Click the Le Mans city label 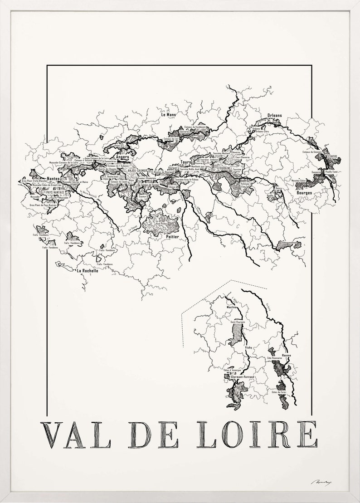pos(168,115)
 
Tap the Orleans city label pos(275,115)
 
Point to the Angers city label pos(122,157)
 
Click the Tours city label pos(185,161)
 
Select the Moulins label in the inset pos(232,307)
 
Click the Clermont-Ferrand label pos(242,377)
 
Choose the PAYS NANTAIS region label pos(56,192)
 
